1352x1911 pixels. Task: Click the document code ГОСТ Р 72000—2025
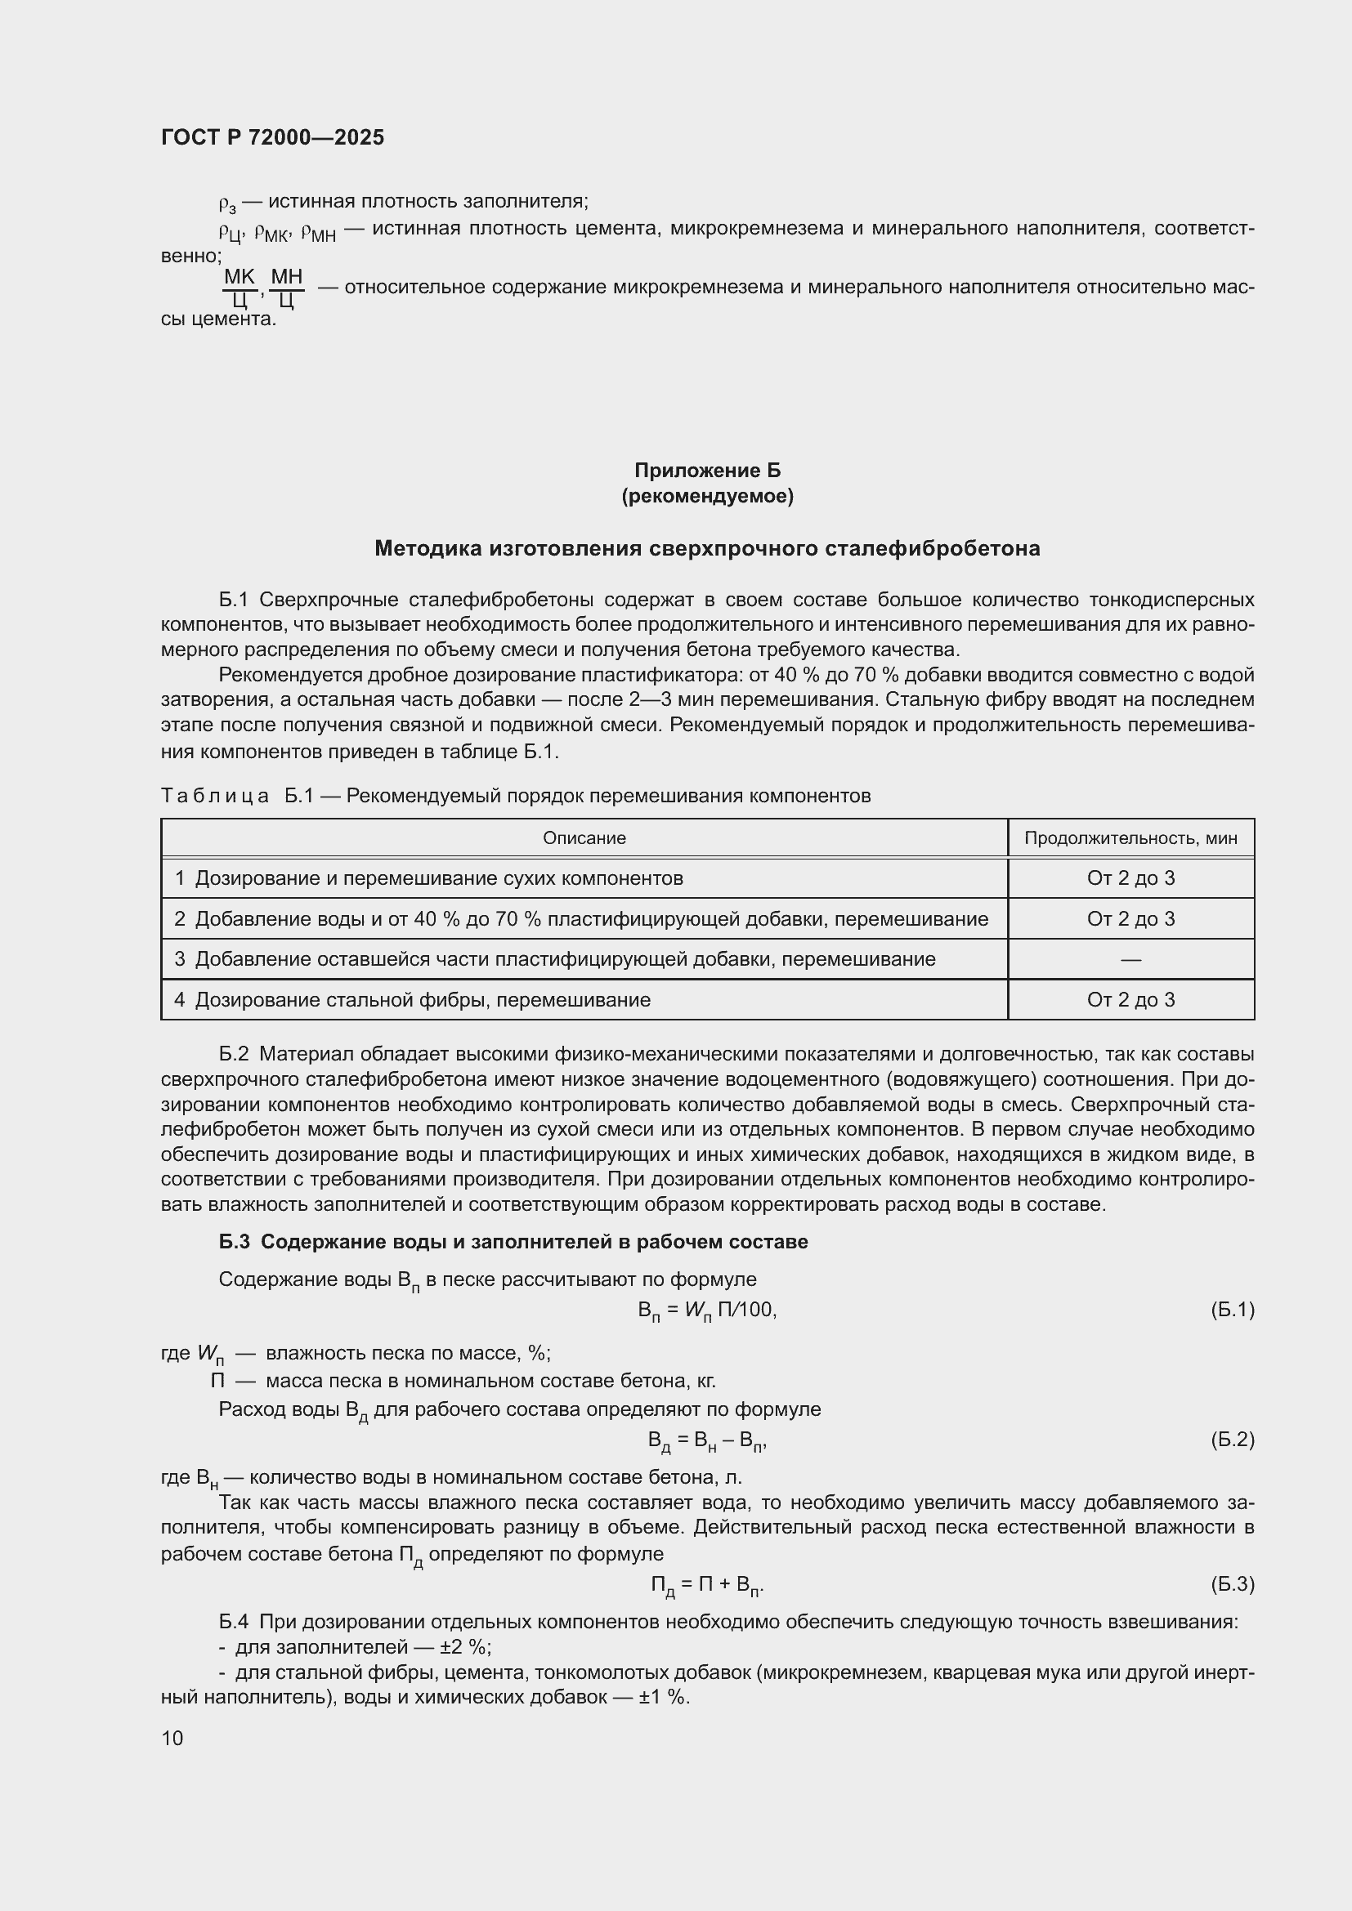tap(272, 137)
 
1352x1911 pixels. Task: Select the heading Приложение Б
tap(707, 471)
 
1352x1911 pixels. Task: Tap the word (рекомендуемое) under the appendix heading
tap(707, 496)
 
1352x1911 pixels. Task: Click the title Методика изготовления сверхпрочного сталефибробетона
tap(707, 548)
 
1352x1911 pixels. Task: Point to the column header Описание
tap(584, 838)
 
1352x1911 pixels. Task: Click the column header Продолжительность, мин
tap(1130, 838)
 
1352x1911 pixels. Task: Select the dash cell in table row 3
tap(1130, 960)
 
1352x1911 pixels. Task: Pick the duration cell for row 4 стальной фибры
tap(1130, 999)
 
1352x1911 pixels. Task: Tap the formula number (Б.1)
tap(1231, 1309)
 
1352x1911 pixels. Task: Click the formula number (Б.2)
tap(1231, 1439)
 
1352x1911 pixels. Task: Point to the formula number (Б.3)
tap(1231, 1583)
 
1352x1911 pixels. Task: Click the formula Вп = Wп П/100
tap(707, 1310)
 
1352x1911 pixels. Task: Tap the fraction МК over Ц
tap(240, 288)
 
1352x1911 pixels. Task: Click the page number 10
tap(172, 1738)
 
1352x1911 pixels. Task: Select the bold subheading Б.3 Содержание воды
tap(513, 1242)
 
